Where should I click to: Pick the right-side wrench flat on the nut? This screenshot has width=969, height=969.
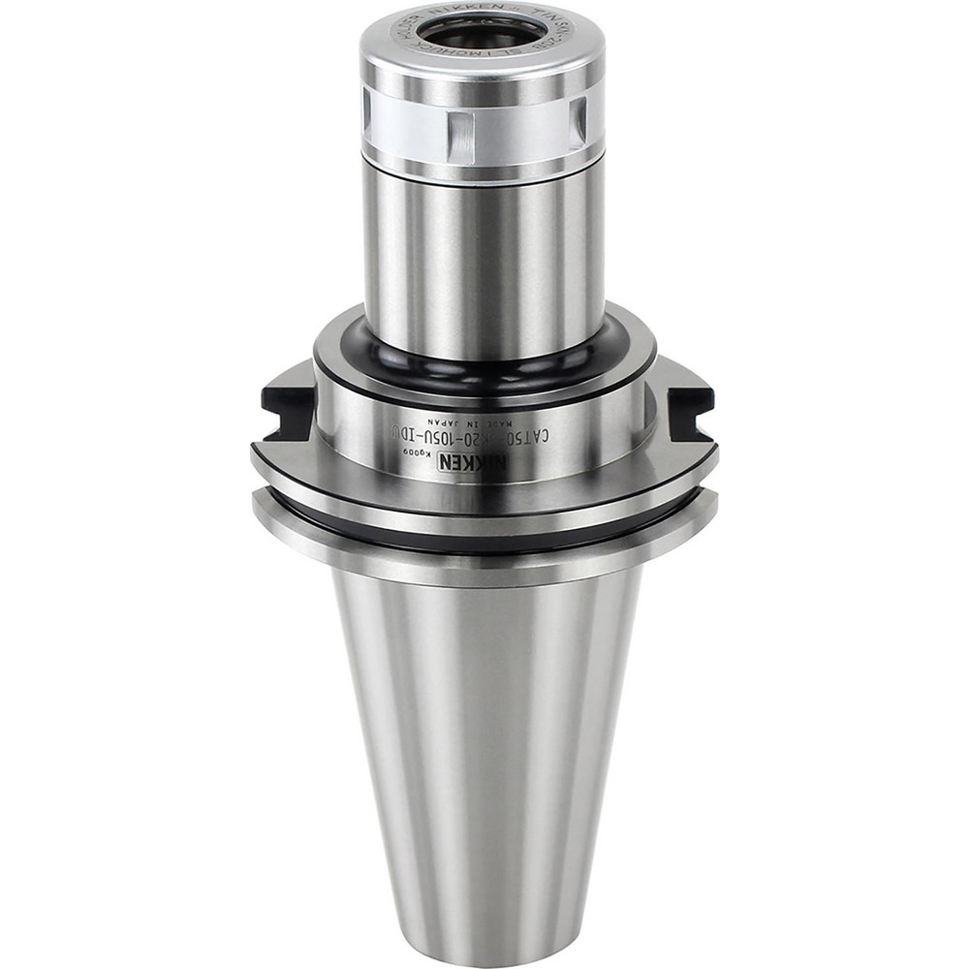[578, 123]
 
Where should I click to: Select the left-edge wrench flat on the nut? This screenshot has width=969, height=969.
[368, 124]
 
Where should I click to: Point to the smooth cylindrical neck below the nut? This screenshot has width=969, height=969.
[483, 262]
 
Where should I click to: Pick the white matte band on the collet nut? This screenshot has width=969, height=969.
[514, 126]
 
